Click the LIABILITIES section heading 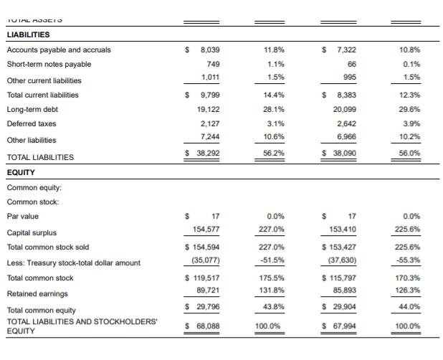[28, 34]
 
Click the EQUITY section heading [21, 172]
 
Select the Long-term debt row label [32, 109]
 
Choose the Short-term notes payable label [49, 64]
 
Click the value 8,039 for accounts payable [209, 50]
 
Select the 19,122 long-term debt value [208, 109]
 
